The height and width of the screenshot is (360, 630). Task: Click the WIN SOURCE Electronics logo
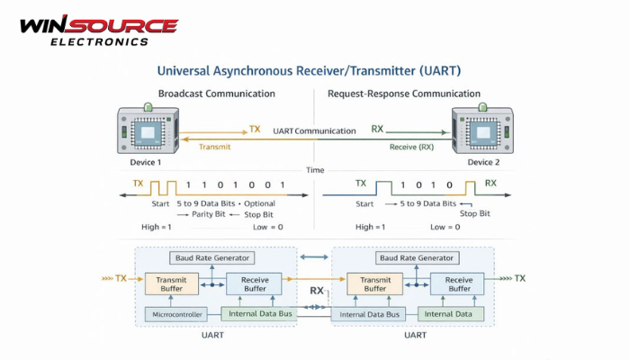[x=98, y=30]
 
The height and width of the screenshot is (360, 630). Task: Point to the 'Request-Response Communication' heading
[x=404, y=94]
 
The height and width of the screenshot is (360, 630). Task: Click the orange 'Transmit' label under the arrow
[x=215, y=147]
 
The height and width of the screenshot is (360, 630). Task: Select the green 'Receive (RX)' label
[x=411, y=147]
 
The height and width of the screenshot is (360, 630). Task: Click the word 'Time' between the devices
[x=315, y=169]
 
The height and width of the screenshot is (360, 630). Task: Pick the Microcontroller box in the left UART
[x=175, y=314]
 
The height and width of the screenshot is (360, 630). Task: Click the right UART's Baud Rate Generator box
[x=415, y=258]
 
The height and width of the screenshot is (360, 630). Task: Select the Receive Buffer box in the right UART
[x=457, y=284]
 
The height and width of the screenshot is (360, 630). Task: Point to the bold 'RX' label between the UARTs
[x=317, y=291]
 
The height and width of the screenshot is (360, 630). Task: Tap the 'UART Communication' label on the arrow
[x=314, y=131]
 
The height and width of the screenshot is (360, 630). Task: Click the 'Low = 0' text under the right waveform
[x=446, y=228]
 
